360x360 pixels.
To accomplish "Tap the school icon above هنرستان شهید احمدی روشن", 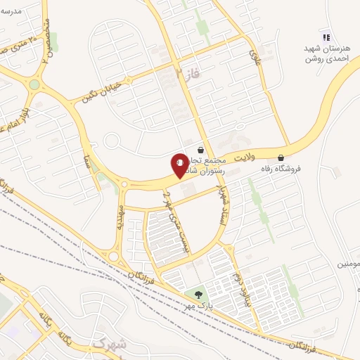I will [x=325, y=37].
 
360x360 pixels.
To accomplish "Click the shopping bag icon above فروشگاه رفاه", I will [x=281, y=157].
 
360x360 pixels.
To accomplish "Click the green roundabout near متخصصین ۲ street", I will [x=34, y=85].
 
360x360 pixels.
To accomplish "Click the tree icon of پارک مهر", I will [x=196, y=295].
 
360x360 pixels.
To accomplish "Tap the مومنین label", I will [x=349, y=264].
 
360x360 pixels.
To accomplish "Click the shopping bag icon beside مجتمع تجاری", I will [x=201, y=150].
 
